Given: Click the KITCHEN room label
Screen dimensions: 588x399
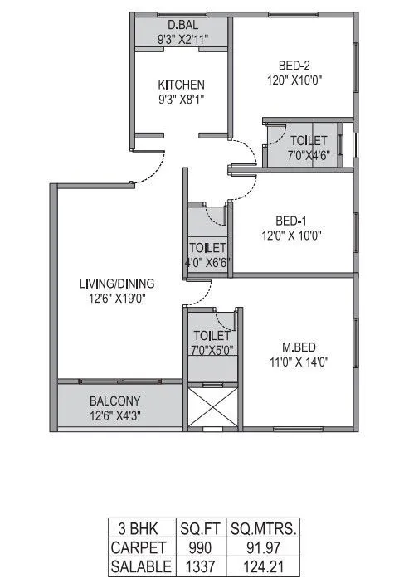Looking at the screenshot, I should pyautogui.click(x=181, y=85).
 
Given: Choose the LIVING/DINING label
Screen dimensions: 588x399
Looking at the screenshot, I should pyautogui.click(x=116, y=284).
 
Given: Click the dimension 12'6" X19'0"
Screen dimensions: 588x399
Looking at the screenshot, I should pyautogui.click(x=116, y=299).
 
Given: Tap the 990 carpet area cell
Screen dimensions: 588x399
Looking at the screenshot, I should pyautogui.click(x=197, y=547).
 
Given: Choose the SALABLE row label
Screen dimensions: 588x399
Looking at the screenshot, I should pyautogui.click(x=141, y=566).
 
